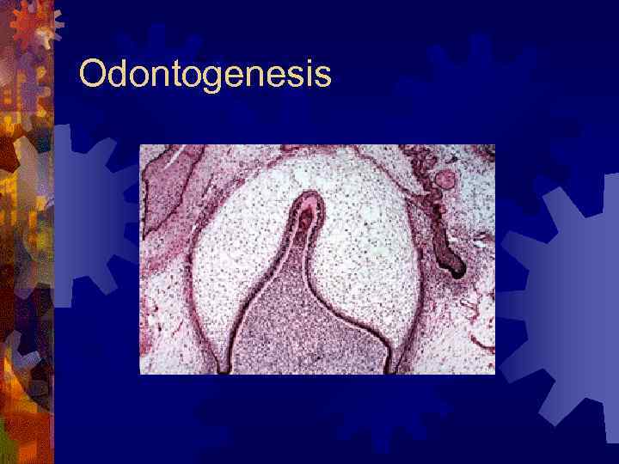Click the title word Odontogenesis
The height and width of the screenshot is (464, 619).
pos(205,75)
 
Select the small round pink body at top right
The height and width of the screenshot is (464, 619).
pos(445,180)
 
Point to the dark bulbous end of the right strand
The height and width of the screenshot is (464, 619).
pos(455,267)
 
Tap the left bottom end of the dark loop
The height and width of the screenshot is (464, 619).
pos(223,369)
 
